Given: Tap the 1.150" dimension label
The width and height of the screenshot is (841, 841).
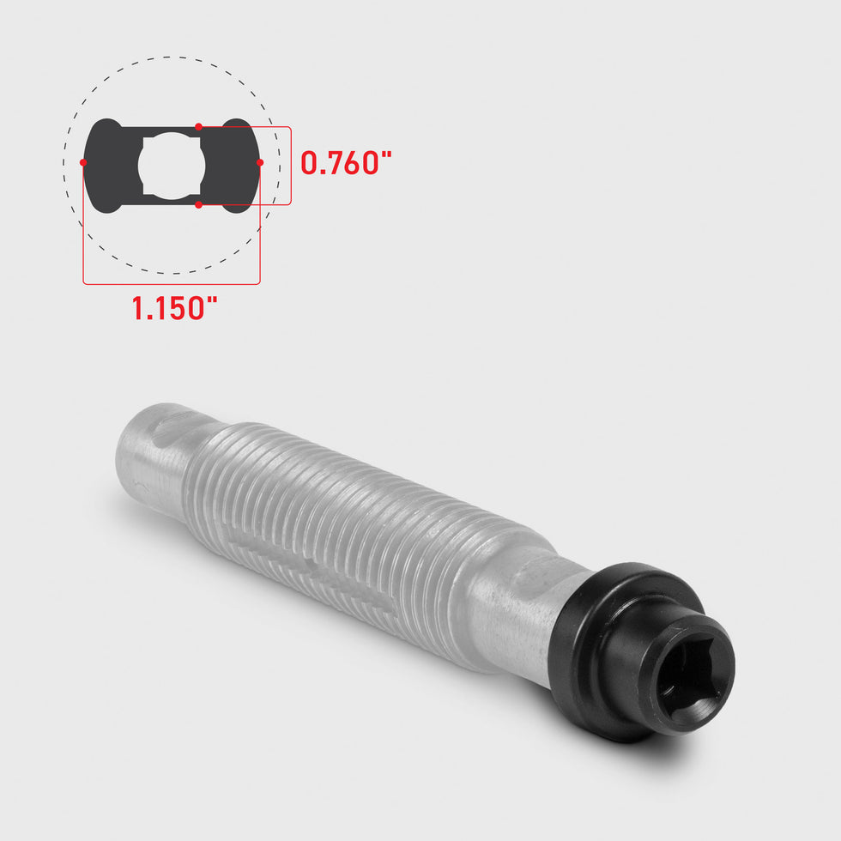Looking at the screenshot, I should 181,307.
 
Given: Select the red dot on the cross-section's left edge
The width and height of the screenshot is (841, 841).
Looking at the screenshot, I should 83,162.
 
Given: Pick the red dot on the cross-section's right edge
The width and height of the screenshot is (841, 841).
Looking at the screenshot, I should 260,162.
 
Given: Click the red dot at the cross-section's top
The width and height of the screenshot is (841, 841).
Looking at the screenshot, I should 198,127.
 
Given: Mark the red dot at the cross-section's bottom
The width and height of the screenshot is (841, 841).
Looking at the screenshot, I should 198,204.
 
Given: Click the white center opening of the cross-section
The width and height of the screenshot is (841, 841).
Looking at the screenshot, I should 170,166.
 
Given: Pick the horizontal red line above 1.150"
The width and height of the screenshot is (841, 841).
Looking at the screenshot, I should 172,283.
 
